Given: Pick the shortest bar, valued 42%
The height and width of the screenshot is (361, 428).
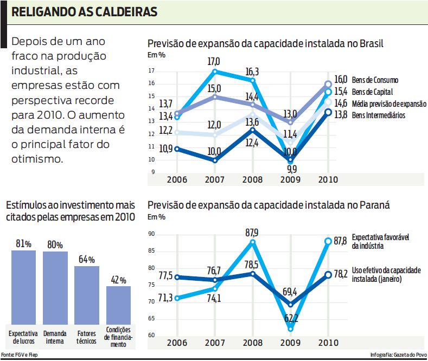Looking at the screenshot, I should click(118, 304).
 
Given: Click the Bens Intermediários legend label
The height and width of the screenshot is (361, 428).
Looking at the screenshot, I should click(379, 115).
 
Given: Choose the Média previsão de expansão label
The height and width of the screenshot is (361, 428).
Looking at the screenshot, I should click(388, 104).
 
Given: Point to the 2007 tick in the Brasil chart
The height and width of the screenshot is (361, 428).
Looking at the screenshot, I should click(215, 180).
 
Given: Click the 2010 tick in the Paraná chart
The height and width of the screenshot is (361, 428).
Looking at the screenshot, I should click(327, 343).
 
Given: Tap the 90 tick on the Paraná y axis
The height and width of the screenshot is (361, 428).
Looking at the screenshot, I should click(151, 234).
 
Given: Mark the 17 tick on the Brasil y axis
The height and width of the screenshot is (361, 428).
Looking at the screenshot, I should click(151, 70).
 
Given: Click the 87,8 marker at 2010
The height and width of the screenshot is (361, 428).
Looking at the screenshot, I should click(328, 241).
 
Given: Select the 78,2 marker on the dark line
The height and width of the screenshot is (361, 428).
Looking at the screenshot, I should click(328, 274).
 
